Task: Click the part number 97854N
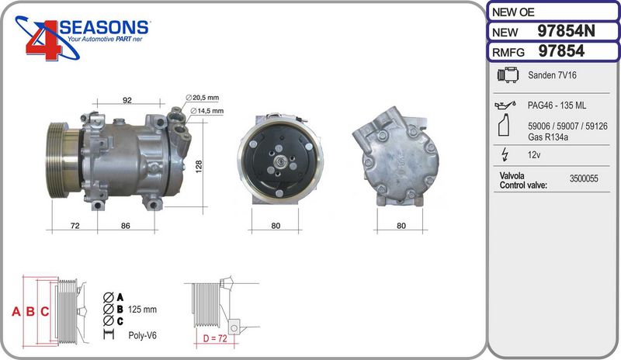[x=566, y=31]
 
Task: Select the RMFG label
[x=508, y=52]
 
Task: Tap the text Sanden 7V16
[x=552, y=74]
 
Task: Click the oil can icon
[x=505, y=105]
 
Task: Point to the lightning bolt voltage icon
[x=505, y=154]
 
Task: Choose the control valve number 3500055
[x=584, y=178]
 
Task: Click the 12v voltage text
[x=534, y=154]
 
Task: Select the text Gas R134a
[x=548, y=137]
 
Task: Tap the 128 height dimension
[x=199, y=166]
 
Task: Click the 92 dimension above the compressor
[x=127, y=100]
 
